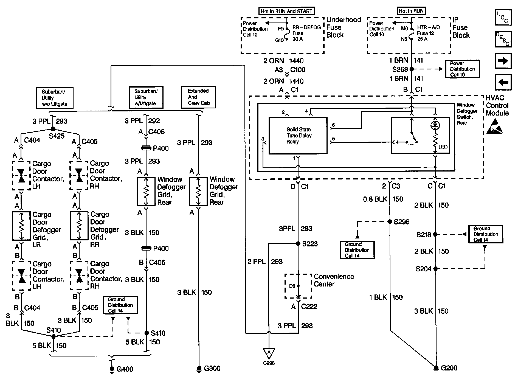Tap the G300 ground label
point(212,368)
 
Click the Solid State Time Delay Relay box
point(298,136)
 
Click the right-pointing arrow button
point(503,61)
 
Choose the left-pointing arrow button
point(503,82)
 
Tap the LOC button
point(503,17)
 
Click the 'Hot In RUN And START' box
point(286,11)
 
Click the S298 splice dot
point(390,221)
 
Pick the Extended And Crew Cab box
point(198,97)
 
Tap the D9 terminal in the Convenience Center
point(298,286)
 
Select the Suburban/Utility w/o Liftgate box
point(55,98)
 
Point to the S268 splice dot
point(411,69)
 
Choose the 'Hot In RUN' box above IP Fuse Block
point(411,11)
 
